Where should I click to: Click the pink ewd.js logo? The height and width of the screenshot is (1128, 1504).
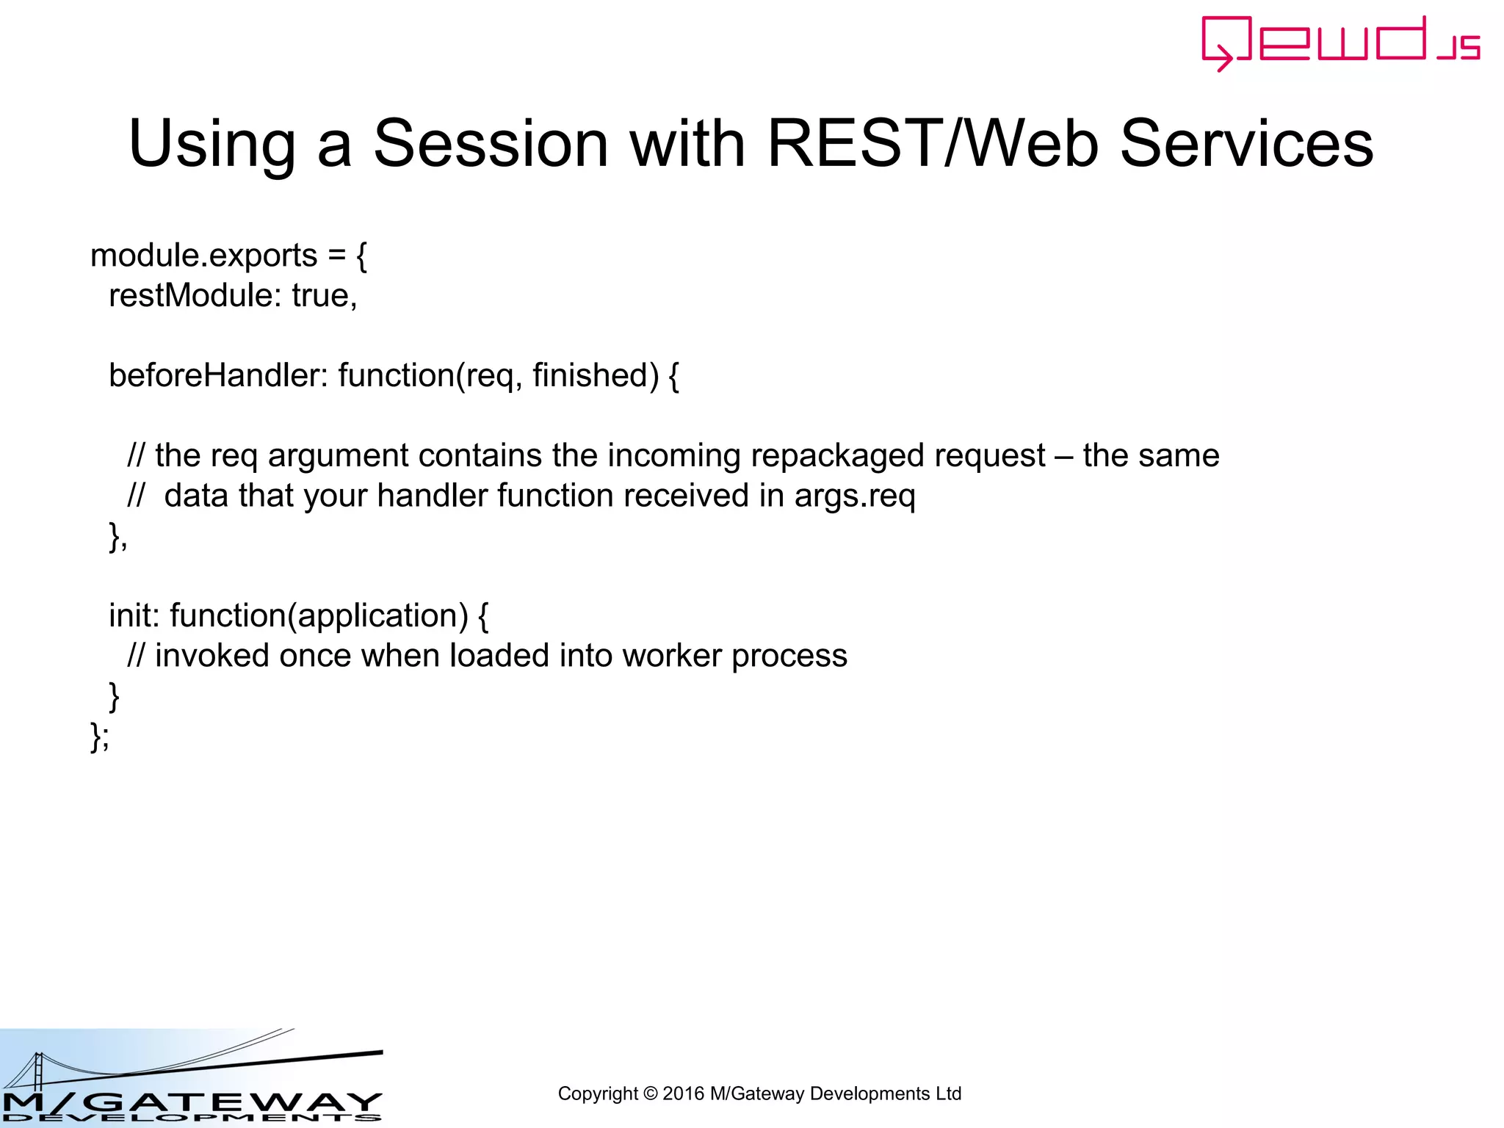click(1340, 43)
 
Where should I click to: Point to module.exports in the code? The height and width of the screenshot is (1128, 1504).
click(203, 256)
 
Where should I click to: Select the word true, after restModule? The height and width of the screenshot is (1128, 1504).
click(325, 296)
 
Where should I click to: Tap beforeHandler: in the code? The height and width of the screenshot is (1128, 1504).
click(218, 376)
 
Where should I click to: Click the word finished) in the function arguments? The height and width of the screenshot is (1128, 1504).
click(596, 376)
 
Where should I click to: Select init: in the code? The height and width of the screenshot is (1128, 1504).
click(134, 615)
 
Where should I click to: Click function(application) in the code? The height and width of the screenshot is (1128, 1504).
click(319, 615)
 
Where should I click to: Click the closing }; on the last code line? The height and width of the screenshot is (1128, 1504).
click(100, 735)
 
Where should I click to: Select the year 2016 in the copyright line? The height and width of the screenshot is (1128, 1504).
click(683, 1093)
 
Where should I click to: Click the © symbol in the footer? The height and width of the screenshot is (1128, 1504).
click(650, 1093)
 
